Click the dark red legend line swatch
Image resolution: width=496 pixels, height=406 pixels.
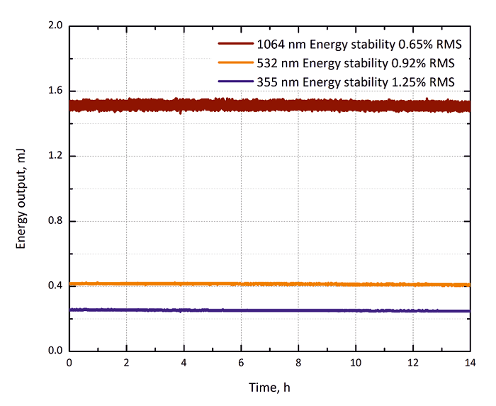(x=237, y=44)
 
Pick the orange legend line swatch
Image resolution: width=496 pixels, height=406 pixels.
(x=237, y=62)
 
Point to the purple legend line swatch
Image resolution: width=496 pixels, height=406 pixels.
(x=237, y=81)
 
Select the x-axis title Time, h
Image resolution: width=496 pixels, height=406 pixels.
(x=269, y=388)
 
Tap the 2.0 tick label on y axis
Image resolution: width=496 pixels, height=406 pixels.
(x=55, y=26)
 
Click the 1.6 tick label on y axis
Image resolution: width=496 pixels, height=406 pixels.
(x=55, y=91)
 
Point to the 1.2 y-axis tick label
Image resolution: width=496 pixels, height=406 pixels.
(x=55, y=156)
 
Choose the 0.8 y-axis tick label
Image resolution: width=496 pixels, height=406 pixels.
(x=55, y=221)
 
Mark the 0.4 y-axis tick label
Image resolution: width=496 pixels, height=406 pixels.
(x=55, y=286)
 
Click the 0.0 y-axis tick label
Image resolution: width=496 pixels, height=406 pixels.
(x=55, y=351)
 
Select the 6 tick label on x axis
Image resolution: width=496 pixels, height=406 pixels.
(x=241, y=363)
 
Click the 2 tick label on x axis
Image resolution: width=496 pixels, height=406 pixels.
(x=126, y=363)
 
